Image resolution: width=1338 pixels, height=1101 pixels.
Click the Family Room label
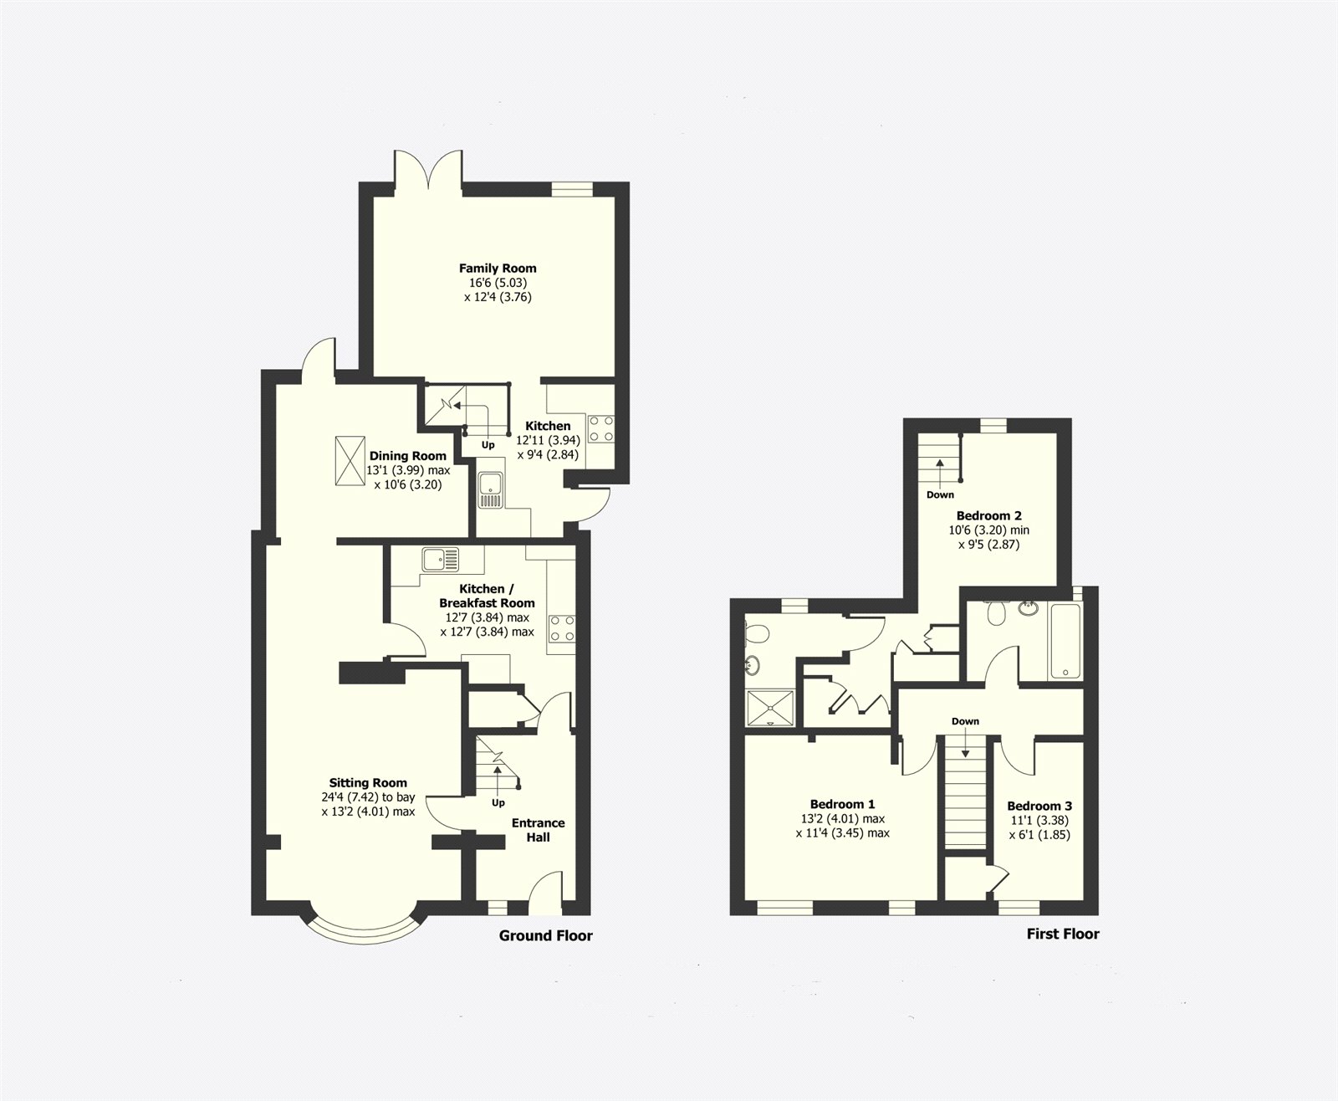pos(498,269)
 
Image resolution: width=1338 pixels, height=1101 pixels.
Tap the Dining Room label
pos(408,456)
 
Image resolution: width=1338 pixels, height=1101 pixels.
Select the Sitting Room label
pos(368,783)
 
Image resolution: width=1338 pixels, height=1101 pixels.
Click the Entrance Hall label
pos(538,830)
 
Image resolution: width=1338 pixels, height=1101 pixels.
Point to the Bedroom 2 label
pos(988,515)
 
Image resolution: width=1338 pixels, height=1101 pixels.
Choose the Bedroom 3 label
pos(1039,807)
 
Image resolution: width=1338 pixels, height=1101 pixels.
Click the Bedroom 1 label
pos(842,805)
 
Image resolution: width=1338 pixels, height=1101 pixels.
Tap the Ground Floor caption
pos(545,935)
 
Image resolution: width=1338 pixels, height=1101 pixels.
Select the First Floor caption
pos(1063,934)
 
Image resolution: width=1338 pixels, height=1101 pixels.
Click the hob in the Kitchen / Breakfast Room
pos(561,629)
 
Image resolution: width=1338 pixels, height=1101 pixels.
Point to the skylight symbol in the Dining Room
pos(348,460)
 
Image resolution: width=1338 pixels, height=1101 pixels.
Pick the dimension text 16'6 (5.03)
pos(498,283)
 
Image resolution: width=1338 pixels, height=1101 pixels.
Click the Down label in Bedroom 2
pos(940,494)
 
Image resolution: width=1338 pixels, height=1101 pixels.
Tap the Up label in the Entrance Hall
pos(498,803)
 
